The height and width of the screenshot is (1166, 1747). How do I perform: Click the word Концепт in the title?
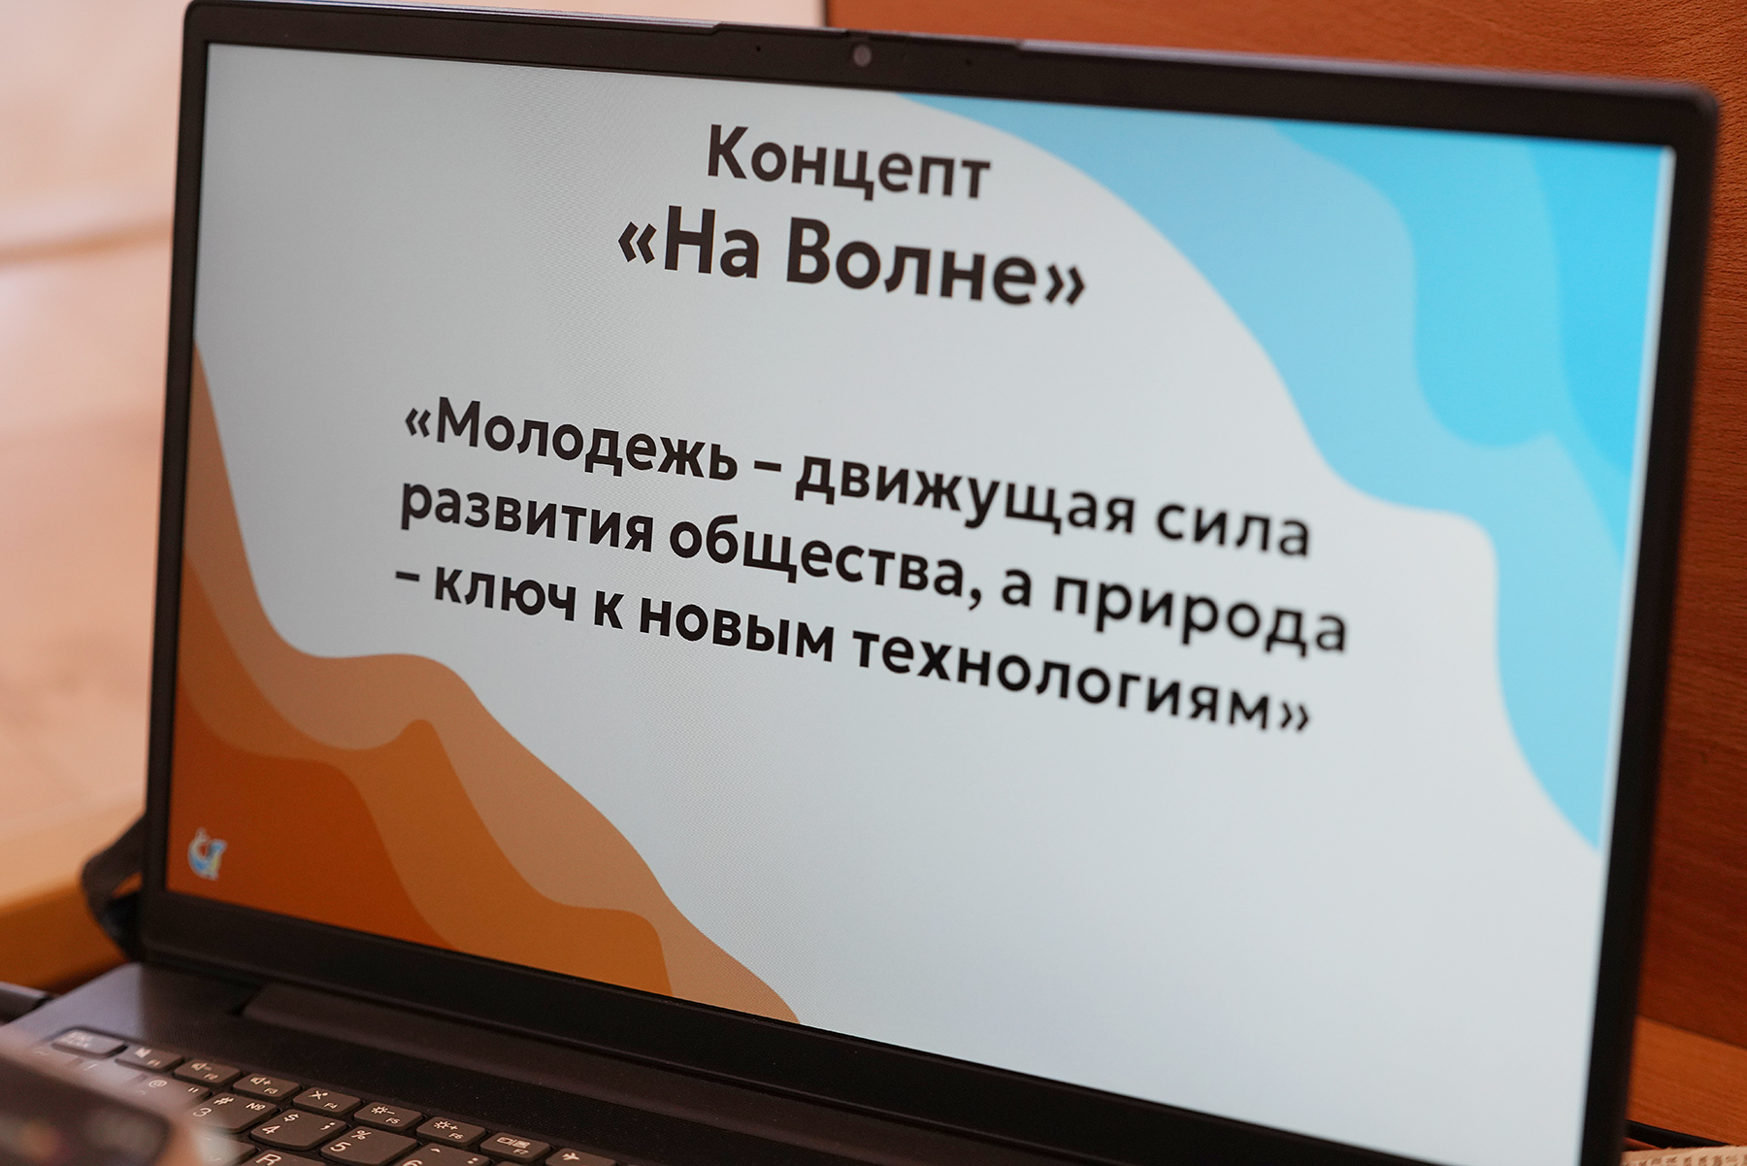click(848, 165)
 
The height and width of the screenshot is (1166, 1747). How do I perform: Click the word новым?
click(738, 630)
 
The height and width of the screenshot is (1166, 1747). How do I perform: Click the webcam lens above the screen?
click(861, 56)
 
